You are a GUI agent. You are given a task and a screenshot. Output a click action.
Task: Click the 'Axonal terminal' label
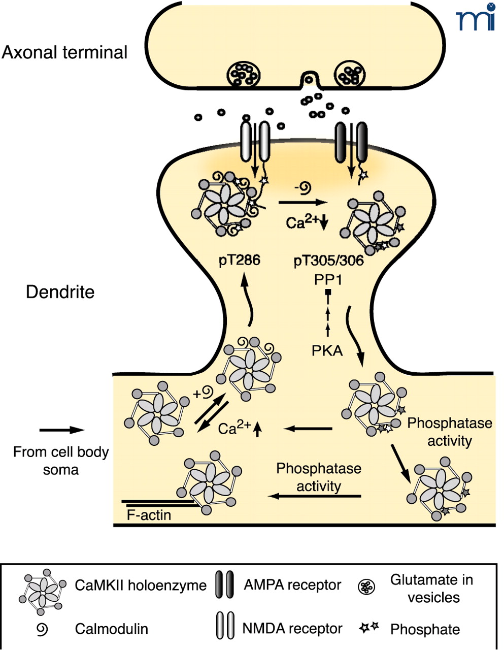[x=64, y=53]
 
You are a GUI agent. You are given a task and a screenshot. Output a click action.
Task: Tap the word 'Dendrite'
[x=60, y=292]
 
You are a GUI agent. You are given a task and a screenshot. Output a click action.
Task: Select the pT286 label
[x=240, y=261]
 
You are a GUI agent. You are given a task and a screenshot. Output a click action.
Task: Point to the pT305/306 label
[x=329, y=261]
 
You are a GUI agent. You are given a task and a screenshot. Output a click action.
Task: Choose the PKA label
[x=327, y=350]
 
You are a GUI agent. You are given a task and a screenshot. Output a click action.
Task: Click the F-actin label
[x=149, y=515]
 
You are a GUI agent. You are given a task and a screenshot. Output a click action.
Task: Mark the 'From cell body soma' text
[x=61, y=461]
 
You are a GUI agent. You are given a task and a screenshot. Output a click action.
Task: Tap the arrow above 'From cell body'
[x=61, y=430]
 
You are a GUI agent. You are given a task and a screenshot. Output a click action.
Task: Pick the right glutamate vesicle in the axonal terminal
[x=349, y=75]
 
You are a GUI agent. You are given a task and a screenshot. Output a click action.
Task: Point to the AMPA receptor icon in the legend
[x=224, y=585]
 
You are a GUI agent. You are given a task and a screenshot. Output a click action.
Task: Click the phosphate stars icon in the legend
[x=369, y=628]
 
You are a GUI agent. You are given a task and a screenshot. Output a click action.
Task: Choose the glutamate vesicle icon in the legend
[x=366, y=588]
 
